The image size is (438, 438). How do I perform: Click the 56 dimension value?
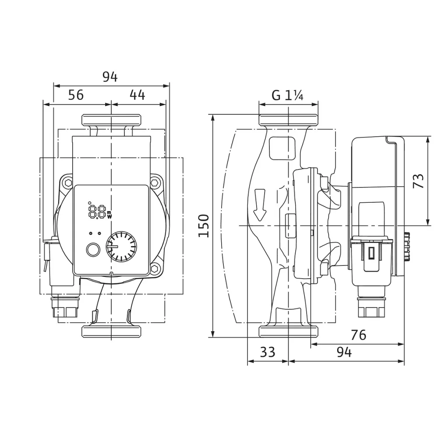pos(76,95)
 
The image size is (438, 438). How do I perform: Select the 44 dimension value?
pos(137,95)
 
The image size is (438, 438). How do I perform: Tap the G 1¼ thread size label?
pos(288,95)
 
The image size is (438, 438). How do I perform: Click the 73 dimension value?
pos(419,181)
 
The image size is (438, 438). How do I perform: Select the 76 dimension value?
pos(358,335)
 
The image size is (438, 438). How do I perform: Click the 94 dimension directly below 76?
pos(344,352)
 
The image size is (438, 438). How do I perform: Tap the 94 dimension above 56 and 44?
pos(110,77)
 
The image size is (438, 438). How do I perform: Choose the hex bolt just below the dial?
pos(155,268)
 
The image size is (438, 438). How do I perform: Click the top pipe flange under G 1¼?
pos(288,120)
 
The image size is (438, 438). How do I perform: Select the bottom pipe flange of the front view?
pos(111,331)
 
